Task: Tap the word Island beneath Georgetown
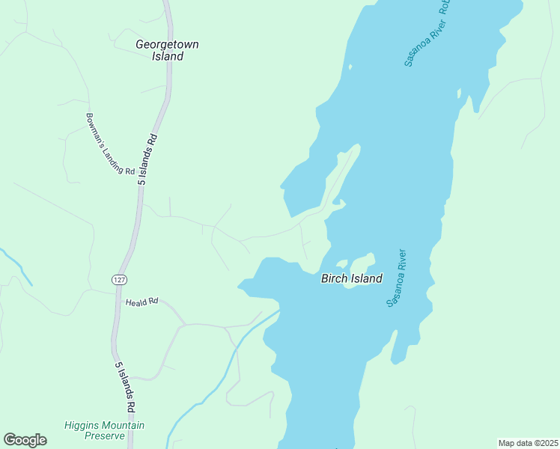168,56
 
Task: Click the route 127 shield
118,279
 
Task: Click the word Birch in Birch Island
335,278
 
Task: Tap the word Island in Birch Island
367,278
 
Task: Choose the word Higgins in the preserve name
82,425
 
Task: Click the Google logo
25,440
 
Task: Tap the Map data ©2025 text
527,442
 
